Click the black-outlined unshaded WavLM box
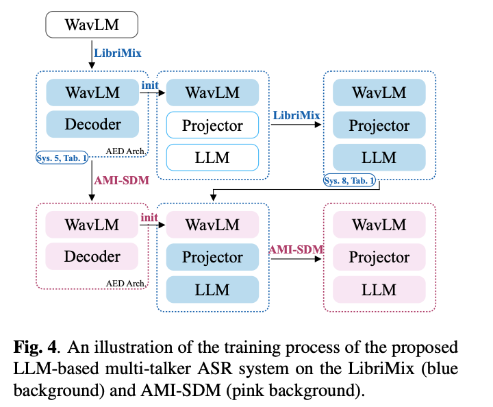point(92,25)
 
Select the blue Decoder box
point(92,125)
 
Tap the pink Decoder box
point(92,257)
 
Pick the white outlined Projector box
point(212,125)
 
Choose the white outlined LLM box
point(212,158)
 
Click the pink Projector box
point(379,257)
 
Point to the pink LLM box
point(379,289)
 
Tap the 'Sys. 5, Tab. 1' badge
point(62,159)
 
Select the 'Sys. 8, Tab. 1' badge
point(349,181)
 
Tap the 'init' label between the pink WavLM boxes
point(149,217)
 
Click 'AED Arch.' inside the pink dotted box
point(125,282)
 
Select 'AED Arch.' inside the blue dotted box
point(125,150)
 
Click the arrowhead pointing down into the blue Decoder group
point(92,66)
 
